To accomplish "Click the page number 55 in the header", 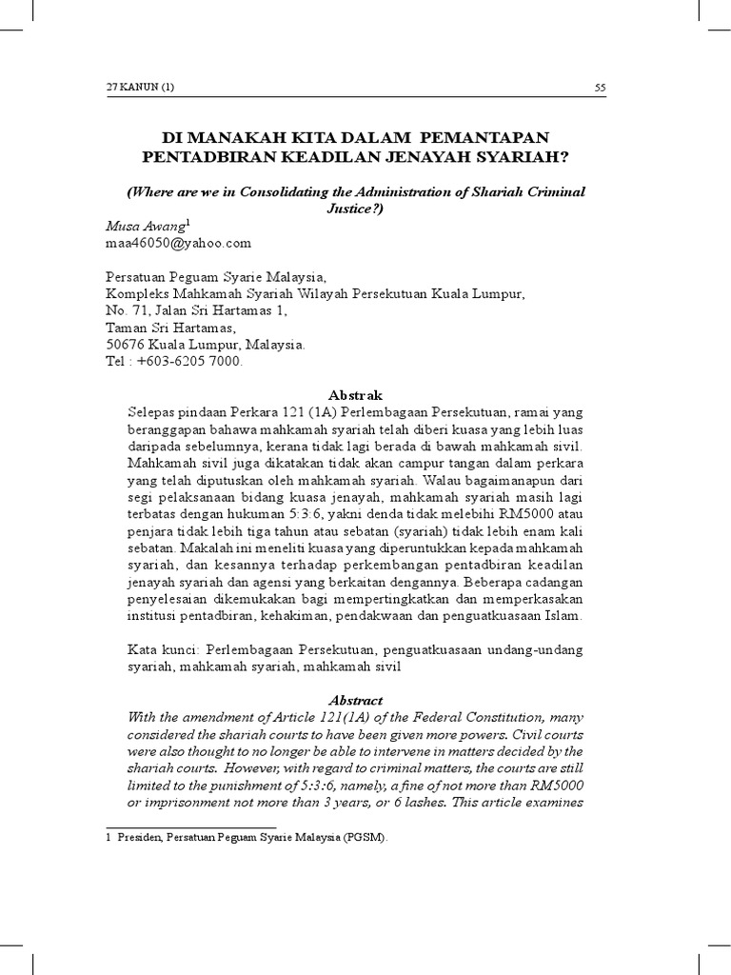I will (x=600, y=88).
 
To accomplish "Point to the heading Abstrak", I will (x=354, y=394).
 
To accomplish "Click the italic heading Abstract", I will (x=355, y=700).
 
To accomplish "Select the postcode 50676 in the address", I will (x=125, y=345).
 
